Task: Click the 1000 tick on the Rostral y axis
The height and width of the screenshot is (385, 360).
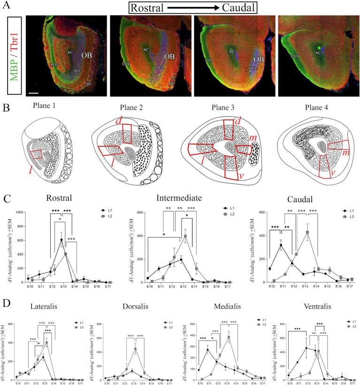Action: coord(19,212)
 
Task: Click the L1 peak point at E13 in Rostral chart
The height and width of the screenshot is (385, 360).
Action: coord(61,240)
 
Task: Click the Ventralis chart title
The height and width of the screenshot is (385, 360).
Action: coord(310,304)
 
